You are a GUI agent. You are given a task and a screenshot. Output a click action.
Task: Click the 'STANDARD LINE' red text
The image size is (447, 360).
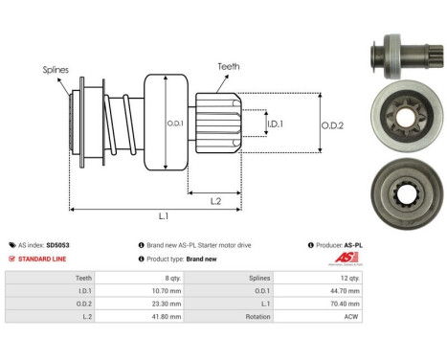pos(45,259)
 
